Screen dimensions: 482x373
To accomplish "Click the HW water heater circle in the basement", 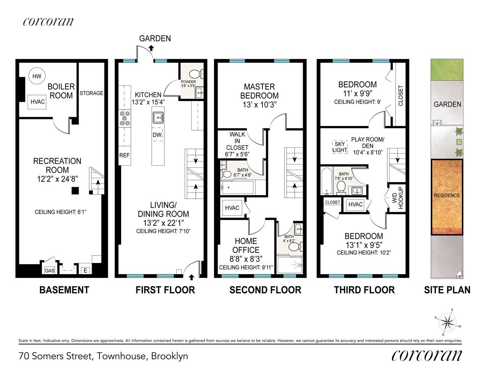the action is [37, 76].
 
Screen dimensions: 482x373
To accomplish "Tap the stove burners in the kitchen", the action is [125, 118].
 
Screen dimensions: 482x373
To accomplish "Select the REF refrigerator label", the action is [124, 155].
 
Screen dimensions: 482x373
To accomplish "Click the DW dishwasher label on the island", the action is [157, 135].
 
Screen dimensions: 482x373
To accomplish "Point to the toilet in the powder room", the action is [196, 74].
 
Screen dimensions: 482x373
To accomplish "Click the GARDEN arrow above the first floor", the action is [151, 48].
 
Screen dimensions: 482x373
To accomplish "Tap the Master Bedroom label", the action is [259, 91].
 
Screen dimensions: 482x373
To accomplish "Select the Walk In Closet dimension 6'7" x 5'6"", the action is [237, 154].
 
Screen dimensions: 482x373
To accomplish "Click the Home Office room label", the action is [246, 245].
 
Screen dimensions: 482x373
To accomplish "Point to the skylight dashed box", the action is [340, 147].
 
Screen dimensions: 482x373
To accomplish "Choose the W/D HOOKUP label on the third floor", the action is [398, 198].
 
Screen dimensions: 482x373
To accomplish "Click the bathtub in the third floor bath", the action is [327, 181].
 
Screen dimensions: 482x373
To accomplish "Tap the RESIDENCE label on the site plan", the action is [447, 195].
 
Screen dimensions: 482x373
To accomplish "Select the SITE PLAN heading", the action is [447, 290].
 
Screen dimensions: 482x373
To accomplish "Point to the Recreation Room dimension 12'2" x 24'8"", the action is [57, 179].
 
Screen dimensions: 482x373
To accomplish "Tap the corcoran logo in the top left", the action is [48, 22].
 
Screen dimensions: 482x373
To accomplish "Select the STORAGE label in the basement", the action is [91, 93].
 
